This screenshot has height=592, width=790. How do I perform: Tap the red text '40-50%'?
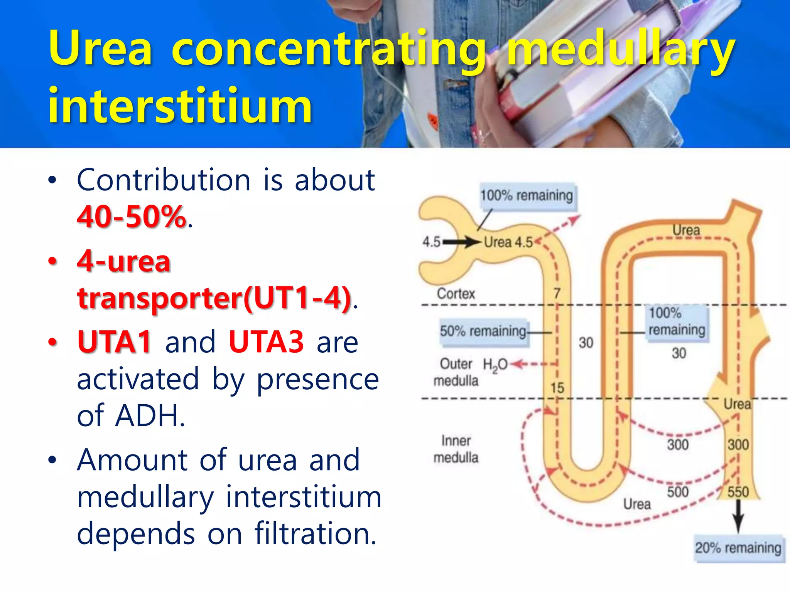[x=131, y=217]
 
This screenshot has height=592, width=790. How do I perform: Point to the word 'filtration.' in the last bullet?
[x=315, y=533]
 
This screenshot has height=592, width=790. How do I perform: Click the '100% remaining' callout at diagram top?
[x=527, y=196]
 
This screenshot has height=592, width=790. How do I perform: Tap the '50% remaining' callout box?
[x=483, y=331]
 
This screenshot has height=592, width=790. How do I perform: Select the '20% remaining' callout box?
[x=738, y=548]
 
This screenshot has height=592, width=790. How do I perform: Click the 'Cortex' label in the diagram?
[x=456, y=294]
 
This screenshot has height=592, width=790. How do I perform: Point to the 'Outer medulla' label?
[x=456, y=372]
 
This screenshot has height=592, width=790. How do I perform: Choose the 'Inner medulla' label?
[x=456, y=449]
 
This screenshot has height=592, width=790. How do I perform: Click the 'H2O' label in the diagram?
[x=495, y=365]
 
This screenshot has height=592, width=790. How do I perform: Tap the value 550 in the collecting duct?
[x=738, y=492]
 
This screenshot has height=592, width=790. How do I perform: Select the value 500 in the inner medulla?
[x=678, y=492]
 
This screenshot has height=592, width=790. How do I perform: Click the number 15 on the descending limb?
[x=557, y=388]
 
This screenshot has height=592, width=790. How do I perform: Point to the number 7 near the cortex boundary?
[x=557, y=294]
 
